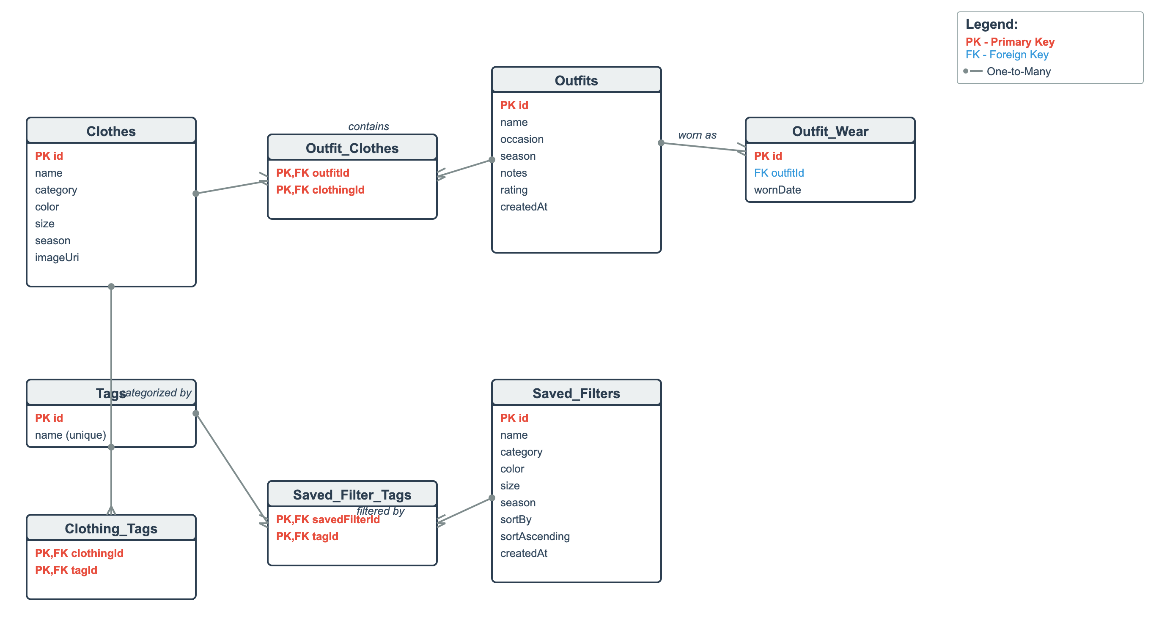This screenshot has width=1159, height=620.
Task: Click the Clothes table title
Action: coord(111,131)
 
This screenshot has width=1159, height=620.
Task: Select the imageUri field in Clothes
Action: coord(57,257)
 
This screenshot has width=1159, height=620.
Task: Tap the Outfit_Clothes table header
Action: coord(352,148)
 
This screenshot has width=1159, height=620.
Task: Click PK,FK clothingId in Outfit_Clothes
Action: coord(320,190)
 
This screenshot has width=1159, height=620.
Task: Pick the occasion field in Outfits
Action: coord(522,139)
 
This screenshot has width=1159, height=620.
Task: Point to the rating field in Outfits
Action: coord(514,190)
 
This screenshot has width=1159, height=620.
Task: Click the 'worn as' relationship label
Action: coord(697,135)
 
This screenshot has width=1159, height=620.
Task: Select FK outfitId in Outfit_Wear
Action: coord(778,173)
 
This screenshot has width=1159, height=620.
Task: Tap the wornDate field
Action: coord(777,190)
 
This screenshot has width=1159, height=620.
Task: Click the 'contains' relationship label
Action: coord(368,126)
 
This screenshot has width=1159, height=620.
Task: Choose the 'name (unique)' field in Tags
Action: coord(70,435)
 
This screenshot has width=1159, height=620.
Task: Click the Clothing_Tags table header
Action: coord(111,528)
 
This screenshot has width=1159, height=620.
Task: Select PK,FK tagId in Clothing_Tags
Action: coord(66,570)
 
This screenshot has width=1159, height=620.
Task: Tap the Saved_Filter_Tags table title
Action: coord(352,494)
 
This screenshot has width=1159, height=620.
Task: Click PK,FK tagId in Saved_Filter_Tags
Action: coord(307,536)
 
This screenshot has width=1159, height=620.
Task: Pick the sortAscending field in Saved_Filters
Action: coord(535,536)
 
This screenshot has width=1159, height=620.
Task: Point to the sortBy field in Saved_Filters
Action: coord(516,519)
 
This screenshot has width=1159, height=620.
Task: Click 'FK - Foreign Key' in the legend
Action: coord(1006,55)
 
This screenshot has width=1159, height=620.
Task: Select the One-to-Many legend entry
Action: coord(1018,71)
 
